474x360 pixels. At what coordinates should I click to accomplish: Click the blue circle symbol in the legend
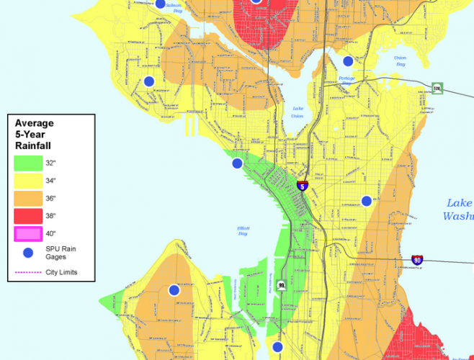pos(27,253)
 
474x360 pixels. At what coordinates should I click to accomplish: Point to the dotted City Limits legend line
pos(27,272)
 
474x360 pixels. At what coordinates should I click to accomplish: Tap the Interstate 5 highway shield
pos(303,186)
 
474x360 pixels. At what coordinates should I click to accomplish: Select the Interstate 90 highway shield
pos(417,259)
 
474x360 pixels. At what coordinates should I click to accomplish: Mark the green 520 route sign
pos(437,89)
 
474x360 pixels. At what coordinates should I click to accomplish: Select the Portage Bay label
pos(346,81)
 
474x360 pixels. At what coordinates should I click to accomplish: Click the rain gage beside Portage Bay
pos(348,61)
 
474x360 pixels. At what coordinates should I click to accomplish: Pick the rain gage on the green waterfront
pos(237,163)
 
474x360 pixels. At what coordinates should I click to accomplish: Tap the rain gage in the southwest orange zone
pos(174,290)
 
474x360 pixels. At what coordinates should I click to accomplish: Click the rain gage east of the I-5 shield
pos(366,200)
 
